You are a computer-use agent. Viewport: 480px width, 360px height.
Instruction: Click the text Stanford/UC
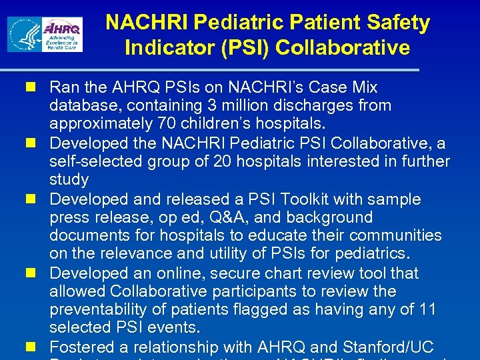point(388,347)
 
